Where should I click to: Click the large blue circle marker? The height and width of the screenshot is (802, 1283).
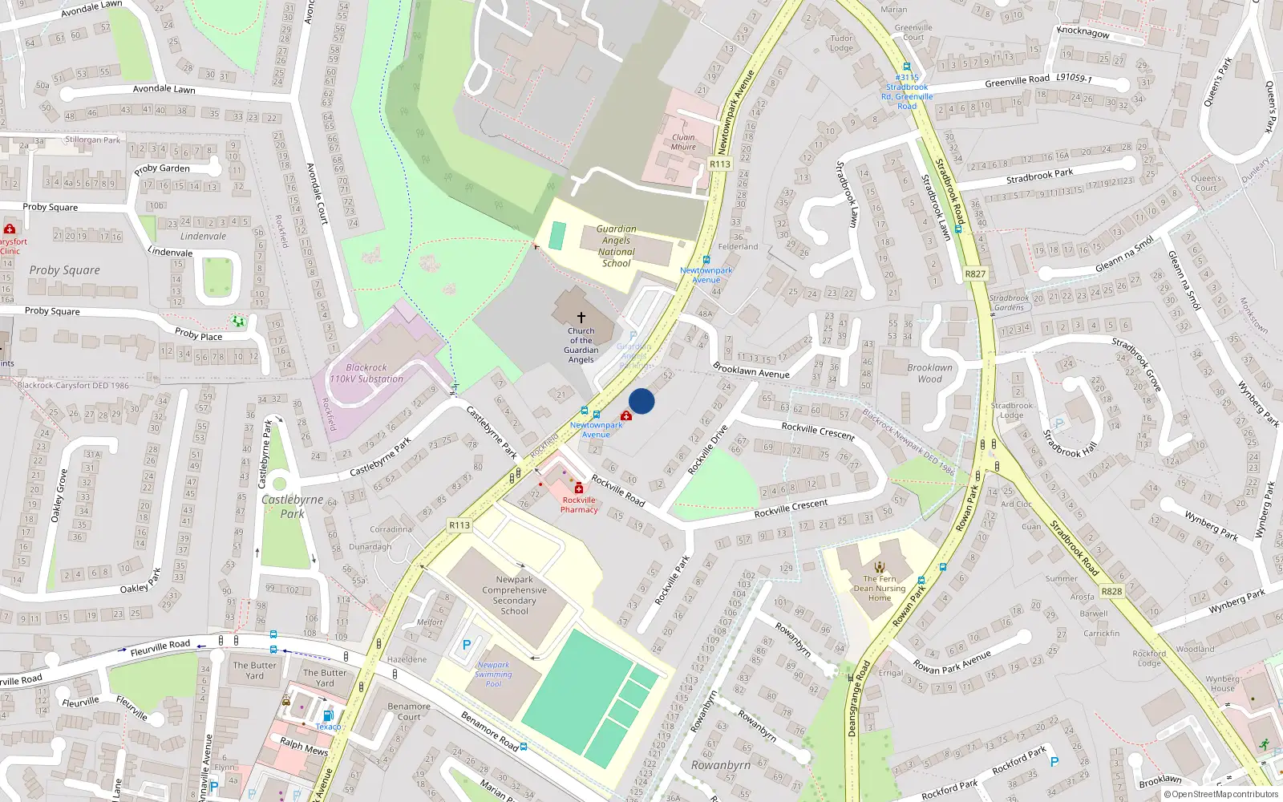coord(641,401)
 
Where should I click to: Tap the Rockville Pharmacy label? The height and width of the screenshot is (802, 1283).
coord(579,504)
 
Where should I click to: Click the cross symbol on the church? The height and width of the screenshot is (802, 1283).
coord(581,318)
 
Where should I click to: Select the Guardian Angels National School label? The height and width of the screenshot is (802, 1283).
coord(616,246)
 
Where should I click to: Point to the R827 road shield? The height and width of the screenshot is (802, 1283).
coord(975,273)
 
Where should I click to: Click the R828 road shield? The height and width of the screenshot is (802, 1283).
coord(1111,591)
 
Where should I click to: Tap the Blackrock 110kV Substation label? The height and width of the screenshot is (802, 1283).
coord(366,373)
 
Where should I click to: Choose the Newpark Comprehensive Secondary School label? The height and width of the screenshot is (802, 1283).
coord(514,595)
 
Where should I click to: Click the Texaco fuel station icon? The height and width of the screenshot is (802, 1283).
coord(327,715)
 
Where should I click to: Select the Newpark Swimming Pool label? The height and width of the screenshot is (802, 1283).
coord(493,674)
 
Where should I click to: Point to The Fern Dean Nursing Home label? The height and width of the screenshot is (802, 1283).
coord(880,588)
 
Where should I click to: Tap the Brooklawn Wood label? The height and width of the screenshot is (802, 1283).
coord(930,373)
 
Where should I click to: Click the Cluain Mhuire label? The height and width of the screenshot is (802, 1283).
coord(683,142)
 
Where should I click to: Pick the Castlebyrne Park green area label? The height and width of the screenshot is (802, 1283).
coord(292,506)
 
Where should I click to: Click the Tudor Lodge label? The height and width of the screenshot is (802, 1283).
coord(841,43)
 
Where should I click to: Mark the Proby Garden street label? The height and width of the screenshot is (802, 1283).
coord(162,168)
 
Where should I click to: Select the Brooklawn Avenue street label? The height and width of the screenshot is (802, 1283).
coord(751,370)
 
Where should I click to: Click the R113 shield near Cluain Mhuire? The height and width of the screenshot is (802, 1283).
coord(720,164)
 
